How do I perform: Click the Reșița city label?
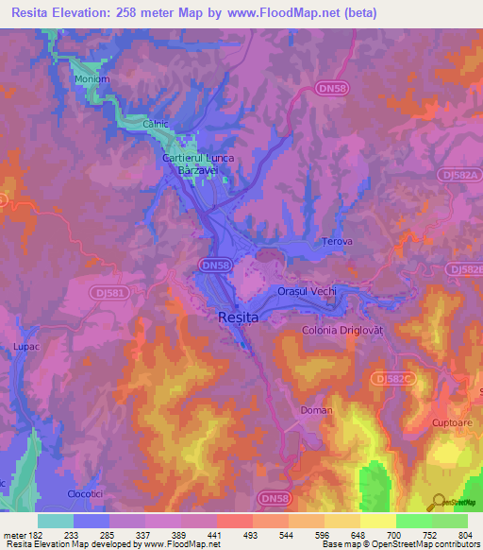pyautogui.click(x=238, y=318)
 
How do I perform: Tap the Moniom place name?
pyautogui.click(x=92, y=79)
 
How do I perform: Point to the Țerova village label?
pyautogui.click(x=337, y=242)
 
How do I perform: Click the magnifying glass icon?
pyautogui.click(x=438, y=502)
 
